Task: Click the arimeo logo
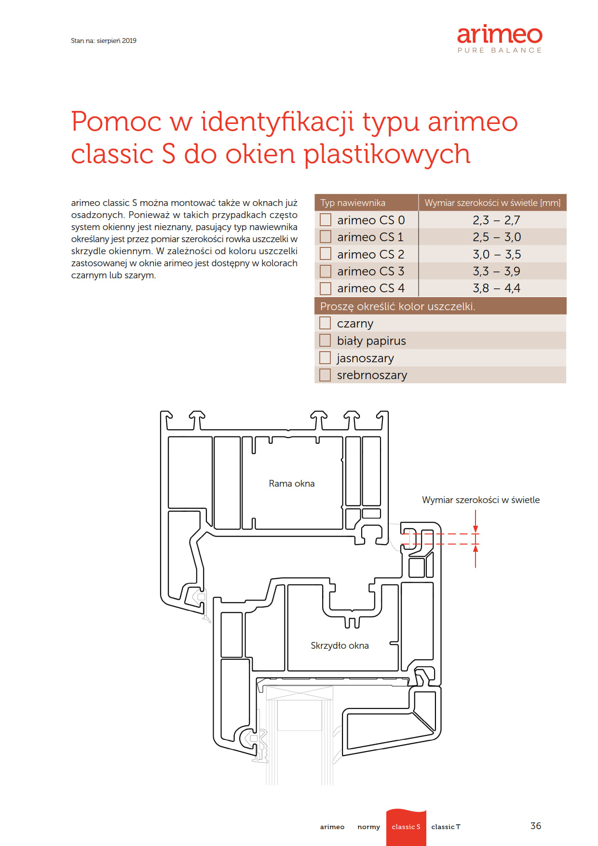click(x=500, y=39)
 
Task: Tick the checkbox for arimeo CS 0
click(x=326, y=220)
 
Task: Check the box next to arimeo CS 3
click(x=326, y=271)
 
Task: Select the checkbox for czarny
click(x=325, y=323)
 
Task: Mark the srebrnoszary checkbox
click(x=325, y=375)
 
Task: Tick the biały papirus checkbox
click(x=325, y=341)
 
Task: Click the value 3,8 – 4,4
click(x=496, y=288)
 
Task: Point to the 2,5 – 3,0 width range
click(x=496, y=237)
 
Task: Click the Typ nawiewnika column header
click(x=353, y=203)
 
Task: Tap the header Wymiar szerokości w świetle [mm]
click(x=492, y=203)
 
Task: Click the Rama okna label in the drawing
click(x=292, y=483)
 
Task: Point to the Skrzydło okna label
click(x=340, y=645)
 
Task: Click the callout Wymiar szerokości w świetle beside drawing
click(x=481, y=500)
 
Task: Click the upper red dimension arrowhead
click(x=476, y=529)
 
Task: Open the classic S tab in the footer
click(x=406, y=827)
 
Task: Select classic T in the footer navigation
click(x=446, y=827)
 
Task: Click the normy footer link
click(x=368, y=827)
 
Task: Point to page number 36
click(x=536, y=826)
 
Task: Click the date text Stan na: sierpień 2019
click(x=104, y=41)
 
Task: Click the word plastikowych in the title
click(x=387, y=154)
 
